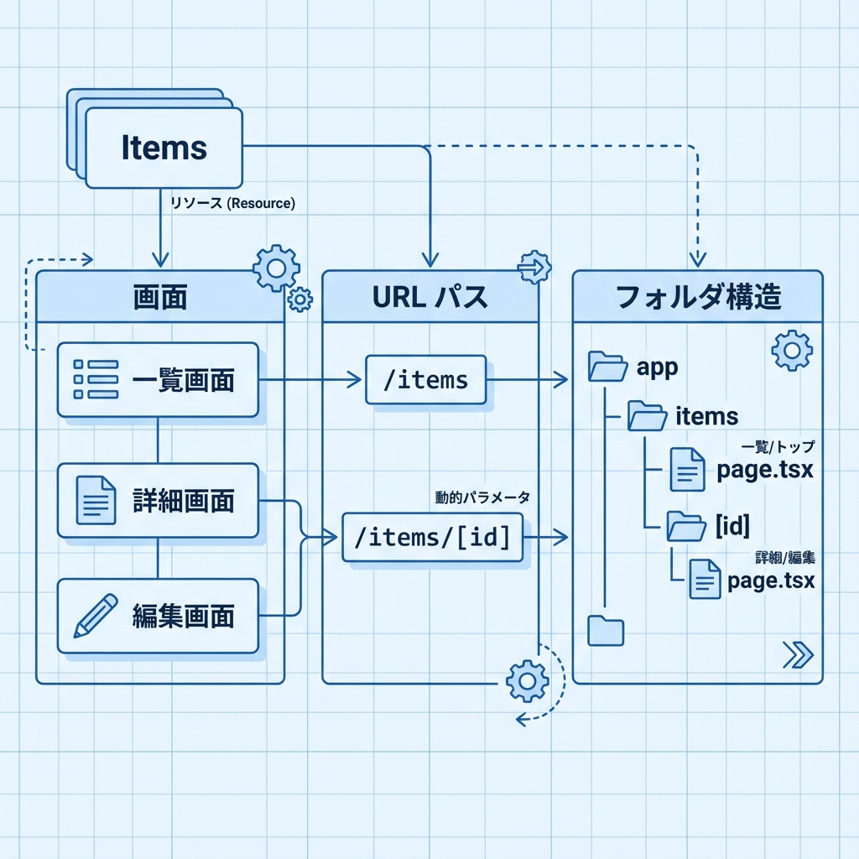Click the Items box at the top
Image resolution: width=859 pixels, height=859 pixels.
(164, 148)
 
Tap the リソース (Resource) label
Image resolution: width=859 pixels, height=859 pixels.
(232, 204)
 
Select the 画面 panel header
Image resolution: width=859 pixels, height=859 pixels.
(160, 297)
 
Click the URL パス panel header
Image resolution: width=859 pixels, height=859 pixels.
(429, 297)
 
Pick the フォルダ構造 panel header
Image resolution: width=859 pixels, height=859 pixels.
(697, 297)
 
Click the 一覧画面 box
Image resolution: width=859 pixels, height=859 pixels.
(158, 380)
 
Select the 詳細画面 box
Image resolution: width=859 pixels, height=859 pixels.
(158, 500)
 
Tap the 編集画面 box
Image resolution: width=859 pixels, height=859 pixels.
(158, 616)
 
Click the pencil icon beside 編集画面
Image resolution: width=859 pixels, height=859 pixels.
(95, 616)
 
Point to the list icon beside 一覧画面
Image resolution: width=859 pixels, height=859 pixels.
(95, 380)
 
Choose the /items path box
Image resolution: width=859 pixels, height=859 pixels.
(426, 380)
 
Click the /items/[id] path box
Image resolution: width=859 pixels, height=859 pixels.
(432, 537)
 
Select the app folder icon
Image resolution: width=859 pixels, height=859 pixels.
(608, 367)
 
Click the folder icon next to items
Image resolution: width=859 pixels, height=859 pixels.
(648, 416)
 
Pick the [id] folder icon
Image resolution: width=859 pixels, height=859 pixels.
(686, 526)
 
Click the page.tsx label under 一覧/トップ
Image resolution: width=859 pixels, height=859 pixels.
(765, 470)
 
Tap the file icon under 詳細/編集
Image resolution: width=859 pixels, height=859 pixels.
(705, 580)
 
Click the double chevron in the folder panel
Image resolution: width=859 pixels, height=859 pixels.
(797, 654)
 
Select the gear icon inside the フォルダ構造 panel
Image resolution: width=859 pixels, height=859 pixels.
(791, 351)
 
